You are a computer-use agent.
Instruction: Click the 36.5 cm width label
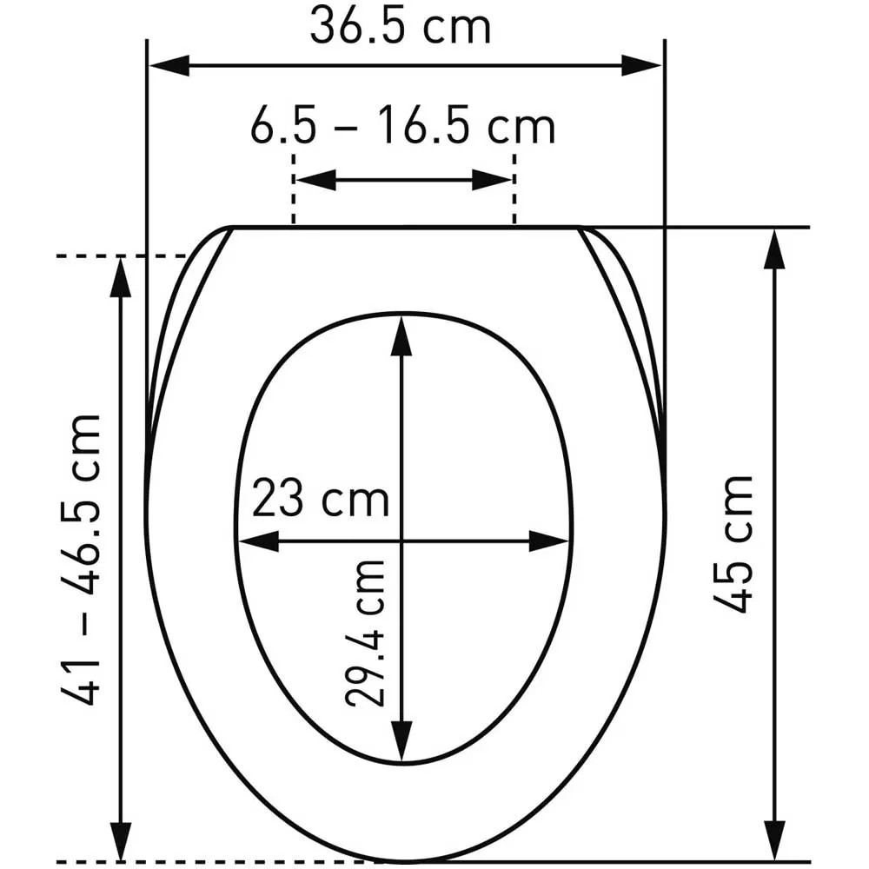(400, 27)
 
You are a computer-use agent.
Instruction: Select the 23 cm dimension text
(321, 498)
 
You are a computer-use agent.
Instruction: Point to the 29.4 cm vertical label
(365, 634)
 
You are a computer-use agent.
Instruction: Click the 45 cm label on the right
(733, 544)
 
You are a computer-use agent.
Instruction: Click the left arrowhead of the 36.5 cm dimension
(169, 65)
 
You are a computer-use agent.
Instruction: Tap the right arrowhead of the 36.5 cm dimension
(641, 65)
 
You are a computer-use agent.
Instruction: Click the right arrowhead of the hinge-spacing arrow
(492, 180)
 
